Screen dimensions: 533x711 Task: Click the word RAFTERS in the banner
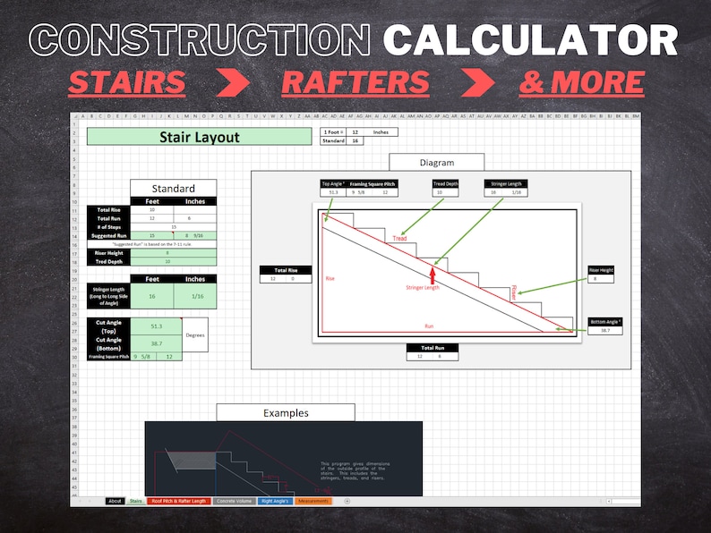point(355,82)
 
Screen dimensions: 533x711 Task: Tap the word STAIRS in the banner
point(126,82)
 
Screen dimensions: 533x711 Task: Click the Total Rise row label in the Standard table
point(109,209)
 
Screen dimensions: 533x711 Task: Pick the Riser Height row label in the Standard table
point(109,253)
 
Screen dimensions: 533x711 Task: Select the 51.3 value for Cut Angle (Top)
point(156,327)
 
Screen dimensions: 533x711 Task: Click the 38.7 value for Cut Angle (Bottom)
point(156,343)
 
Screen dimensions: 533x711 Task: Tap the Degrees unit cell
point(194,334)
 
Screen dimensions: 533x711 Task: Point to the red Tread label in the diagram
point(399,239)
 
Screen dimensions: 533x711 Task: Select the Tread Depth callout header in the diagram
point(445,184)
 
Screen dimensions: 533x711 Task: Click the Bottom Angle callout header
point(605,321)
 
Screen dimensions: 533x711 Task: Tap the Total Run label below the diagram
point(433,347)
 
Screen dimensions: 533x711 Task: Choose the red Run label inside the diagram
point(429,326)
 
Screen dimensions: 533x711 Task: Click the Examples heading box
point(285,412)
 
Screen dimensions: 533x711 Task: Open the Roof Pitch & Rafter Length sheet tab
point(179,501)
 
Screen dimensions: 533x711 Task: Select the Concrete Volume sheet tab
point(234,501)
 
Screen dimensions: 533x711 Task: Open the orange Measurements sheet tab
point(313,501)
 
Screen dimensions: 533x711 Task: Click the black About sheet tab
point(115,501)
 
